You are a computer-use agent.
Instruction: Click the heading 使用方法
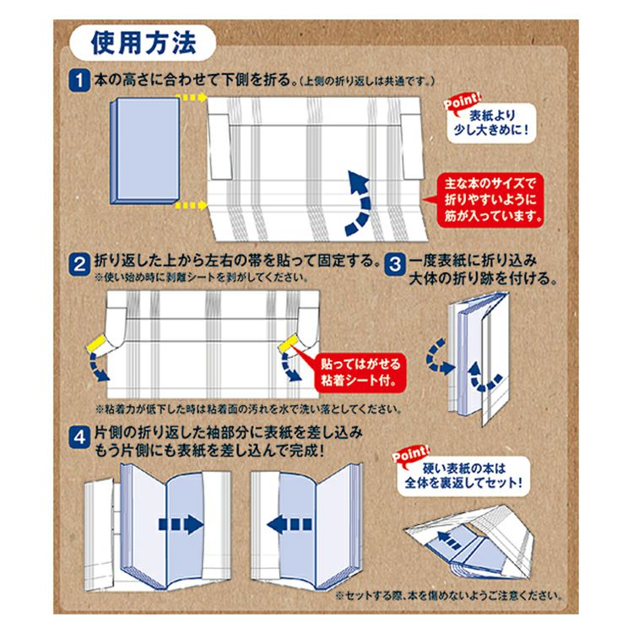click(x=143, y=43)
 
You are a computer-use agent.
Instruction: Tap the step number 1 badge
click(x=79, y=80)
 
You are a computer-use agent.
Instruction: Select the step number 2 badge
click(x=79, y=264)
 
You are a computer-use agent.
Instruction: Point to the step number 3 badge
click(x=394, y=264)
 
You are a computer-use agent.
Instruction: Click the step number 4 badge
click(x=79, y=437)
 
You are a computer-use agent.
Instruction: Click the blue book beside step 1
click(x=145, y=150)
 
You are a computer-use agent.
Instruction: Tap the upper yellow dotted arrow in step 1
click(x=192, y=97)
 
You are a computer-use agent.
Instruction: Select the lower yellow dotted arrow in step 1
click(x=192, y=205)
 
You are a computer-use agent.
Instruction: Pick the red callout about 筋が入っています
click(x=490, y=200)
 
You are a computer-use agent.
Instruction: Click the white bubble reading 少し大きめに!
click(x=491, y=123)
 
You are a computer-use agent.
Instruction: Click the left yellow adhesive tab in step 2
click(x=96, y=344)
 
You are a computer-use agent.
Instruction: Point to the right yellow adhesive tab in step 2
click(x=288, y=345)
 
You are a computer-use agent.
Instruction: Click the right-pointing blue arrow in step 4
click(x=181, y=524)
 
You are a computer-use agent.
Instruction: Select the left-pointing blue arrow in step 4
click(x=289, y=524)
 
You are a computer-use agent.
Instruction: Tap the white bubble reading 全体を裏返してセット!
click(x=463, y=475)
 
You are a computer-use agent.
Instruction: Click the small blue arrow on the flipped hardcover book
click(x=449, y=540)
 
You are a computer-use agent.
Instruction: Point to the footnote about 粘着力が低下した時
click(x=249, y=409)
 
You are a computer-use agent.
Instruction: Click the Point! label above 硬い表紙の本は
click(x=411, y=454)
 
